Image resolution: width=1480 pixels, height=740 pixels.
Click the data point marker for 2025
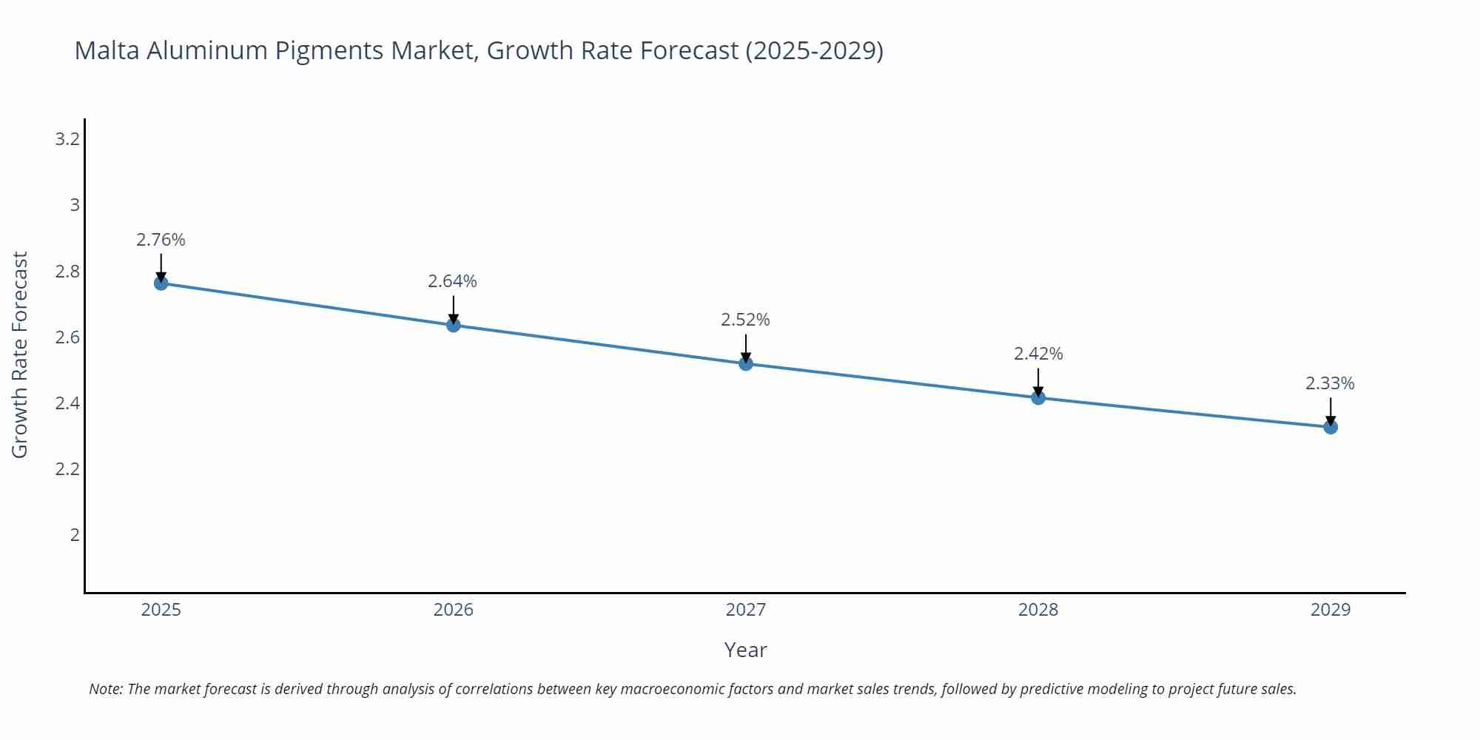click(x=161, y=283)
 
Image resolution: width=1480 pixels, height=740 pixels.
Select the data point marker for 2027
click(x=746, y=363)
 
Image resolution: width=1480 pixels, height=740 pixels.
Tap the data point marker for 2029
click(x=1331, y=427)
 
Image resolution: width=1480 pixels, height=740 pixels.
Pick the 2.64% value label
click(x=453, y=281)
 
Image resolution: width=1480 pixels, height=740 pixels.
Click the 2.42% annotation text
click(x=1038, y=354)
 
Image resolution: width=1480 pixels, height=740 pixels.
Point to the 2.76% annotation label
click(x=161, y=240)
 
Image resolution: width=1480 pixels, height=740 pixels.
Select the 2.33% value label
click(x=1330, y=383)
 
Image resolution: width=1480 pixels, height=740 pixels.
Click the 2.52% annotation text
click(x=746, y=320)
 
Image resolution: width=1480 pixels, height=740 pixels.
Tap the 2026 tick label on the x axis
click(x=454, y=610)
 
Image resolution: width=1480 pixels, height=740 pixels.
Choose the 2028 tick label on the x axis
click(x=1038, y=610)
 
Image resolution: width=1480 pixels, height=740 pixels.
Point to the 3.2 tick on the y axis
click(x=67, y=139)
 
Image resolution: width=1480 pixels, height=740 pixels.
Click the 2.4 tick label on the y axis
click(x=67, y=403)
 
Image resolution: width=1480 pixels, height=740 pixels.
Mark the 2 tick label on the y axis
click(x=75, y=535)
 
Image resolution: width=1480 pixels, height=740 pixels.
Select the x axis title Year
click(x=745, y=650)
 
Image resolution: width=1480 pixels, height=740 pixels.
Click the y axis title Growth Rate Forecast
click(x=20, y=354)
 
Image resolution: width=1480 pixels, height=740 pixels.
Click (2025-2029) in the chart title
click(x=814, y=50)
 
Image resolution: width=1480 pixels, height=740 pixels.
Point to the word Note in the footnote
click(x=106, y=689)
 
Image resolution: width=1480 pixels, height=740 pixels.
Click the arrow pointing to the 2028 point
click(x=1038, y=383)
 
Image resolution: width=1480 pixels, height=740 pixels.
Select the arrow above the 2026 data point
click(x=454, y=310)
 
